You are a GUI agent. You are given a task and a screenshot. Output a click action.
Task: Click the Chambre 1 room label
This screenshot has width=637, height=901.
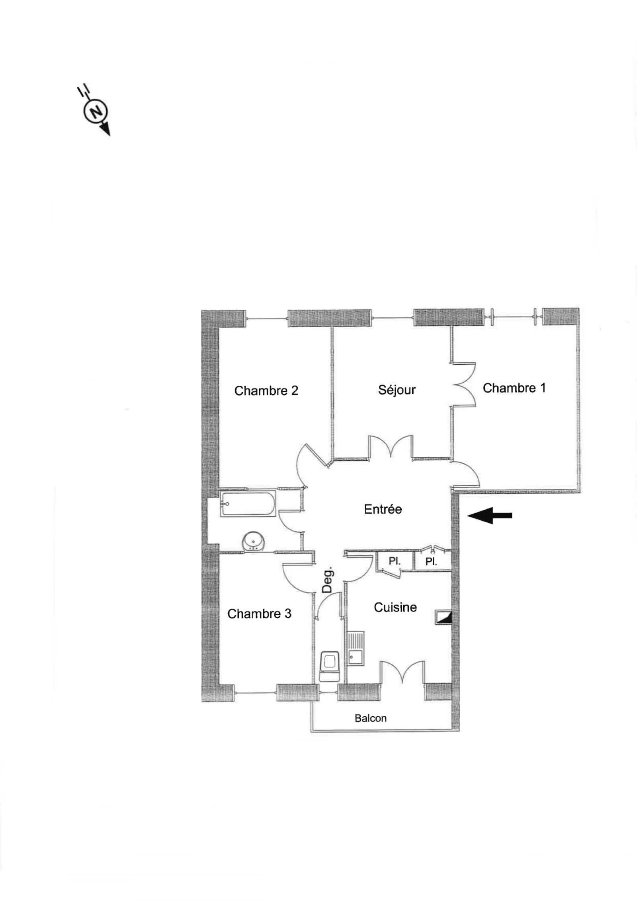click(x=514, y=388)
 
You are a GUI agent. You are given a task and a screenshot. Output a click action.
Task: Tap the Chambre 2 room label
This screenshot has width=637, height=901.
click(x=266, y=391)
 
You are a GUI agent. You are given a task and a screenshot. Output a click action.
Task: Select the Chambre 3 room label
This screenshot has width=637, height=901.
click(x=259, y=614)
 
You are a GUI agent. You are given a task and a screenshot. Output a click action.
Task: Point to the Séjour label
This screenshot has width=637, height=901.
click(x=397, y=389)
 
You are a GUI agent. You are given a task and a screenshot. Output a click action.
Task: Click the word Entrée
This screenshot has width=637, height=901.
click(x=383, y=509)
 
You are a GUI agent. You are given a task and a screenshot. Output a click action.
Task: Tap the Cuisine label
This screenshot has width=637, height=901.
click(x=395, y=607)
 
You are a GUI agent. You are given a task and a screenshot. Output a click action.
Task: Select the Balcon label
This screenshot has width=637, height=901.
click(x=371, y=718)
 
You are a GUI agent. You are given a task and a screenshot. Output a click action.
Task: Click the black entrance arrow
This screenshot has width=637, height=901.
click(x=490, y=516)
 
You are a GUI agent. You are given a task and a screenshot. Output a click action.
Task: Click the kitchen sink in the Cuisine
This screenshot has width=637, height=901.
click(x=356, y=649)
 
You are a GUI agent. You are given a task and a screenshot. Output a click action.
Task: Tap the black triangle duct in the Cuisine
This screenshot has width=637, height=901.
click(x=444, y=618)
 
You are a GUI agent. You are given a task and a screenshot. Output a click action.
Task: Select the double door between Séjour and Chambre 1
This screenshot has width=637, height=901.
click(x=464, y=384)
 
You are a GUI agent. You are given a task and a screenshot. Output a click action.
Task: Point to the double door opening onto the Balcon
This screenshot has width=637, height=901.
click(x=403, y=672)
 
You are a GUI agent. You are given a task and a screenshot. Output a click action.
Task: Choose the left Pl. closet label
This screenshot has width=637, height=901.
click(x=395, y=562)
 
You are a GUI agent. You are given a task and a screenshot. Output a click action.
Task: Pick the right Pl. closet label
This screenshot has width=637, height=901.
click(x=431, y=562)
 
